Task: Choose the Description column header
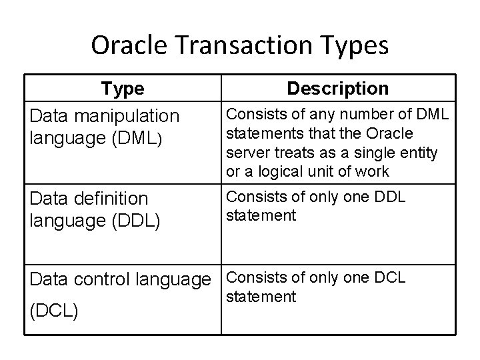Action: coord(337,89)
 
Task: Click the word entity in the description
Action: coord(417,152)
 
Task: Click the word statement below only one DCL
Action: coord(262,296)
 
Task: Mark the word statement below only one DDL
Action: coord(262,215)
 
